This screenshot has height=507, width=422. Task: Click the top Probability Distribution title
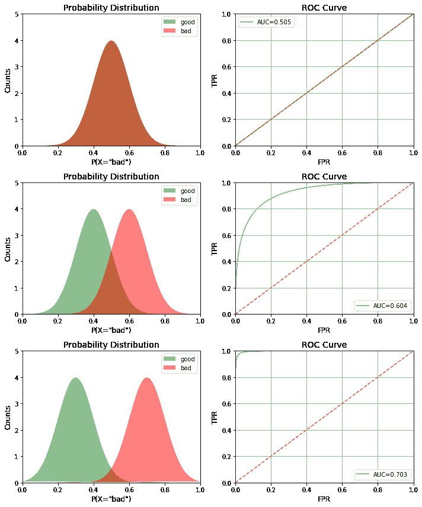[x=111, y=8]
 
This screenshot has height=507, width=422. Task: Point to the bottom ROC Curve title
[x=324, y=345]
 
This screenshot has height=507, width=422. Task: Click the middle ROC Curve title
[x=324, y=177]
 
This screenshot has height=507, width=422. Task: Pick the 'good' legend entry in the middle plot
[x=187, y=191]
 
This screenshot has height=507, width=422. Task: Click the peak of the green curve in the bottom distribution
[x=76, y=378]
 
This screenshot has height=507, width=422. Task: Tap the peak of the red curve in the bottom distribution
[x=146, y=378]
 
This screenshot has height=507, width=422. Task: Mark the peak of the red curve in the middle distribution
[x=129, y=209]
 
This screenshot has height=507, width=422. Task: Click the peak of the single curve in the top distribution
[x=111, y=41]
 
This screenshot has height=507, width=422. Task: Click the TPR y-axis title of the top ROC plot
[x=216, y=80]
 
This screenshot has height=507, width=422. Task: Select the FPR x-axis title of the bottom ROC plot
[x=324, y=499]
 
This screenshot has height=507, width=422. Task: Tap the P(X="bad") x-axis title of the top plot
[x=111, y=162]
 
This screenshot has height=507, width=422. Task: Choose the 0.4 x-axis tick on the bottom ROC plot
[x=306, y=490]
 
